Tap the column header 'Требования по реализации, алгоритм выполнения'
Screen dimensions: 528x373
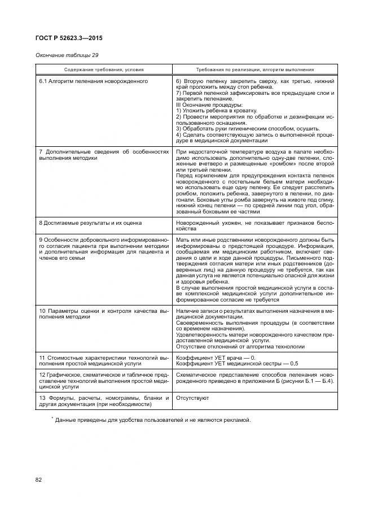tap(255, 69)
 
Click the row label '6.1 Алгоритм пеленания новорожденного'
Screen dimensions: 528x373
tap(93, 81)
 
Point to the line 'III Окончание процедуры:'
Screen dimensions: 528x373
tap(209, 105)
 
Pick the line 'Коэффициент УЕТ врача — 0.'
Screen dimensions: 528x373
tap(216, 357)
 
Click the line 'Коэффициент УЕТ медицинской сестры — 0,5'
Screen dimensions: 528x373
tap(237, 364)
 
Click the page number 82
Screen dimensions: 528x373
tap(39, 479)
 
